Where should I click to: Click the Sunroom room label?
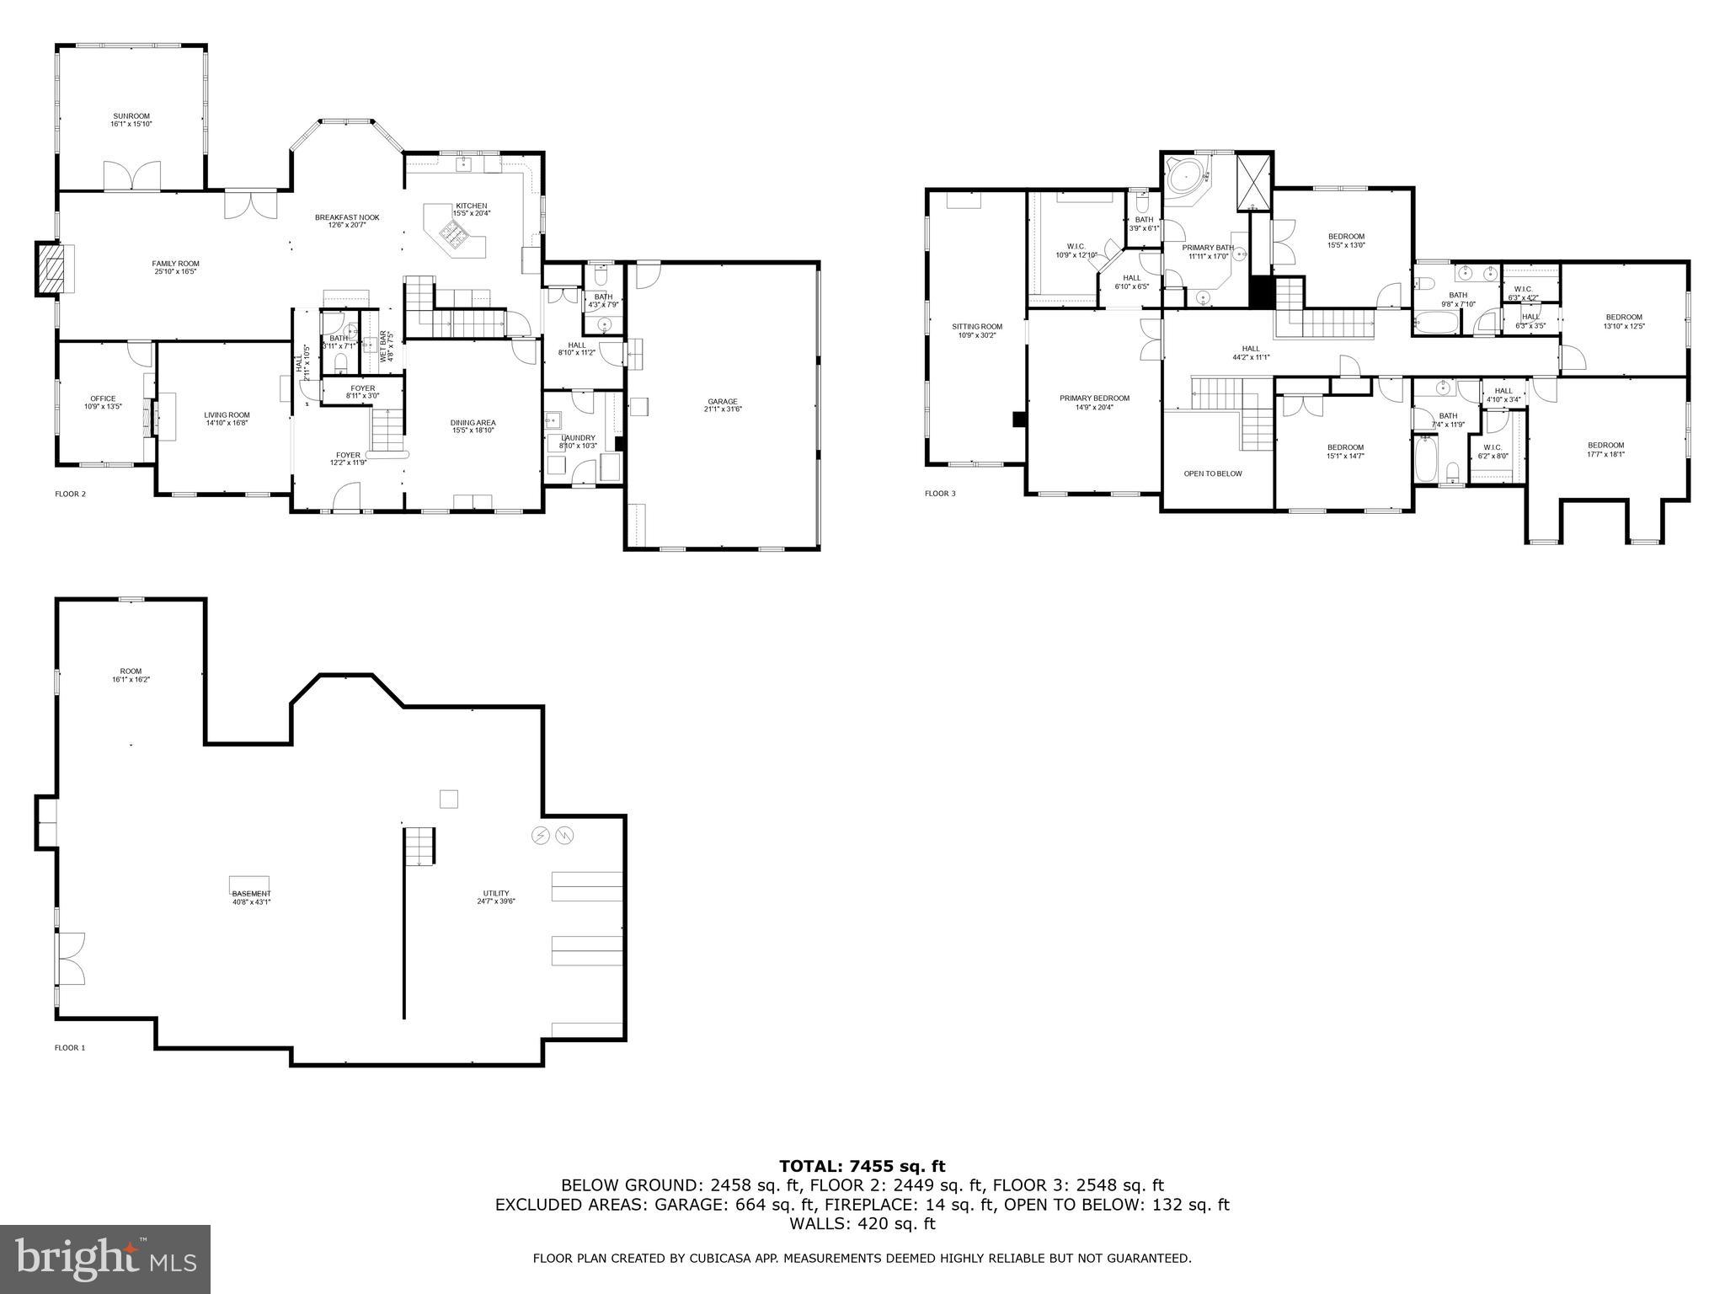pos(131,120)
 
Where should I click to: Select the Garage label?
pos(723,405)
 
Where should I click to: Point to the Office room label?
pos(103,403)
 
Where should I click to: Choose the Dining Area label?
pos(473,426)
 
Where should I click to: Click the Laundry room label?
pos(579,441)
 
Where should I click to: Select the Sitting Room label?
pos(977,330)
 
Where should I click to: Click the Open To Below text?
pos(1212,473)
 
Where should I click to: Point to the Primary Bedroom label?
pos(1094,402)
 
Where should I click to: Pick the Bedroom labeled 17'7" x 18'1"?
pos(1605,449)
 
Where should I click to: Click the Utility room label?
pos(496,896)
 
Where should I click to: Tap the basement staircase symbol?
pos(419,846)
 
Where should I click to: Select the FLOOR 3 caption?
pos(940,494)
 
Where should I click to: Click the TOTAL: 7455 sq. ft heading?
pos(862,1167)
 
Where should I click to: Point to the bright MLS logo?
pos(105,1258)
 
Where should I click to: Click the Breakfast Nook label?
pos(347,221)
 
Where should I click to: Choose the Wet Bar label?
pos(386,346)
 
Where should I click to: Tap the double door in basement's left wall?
pos(70,958)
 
